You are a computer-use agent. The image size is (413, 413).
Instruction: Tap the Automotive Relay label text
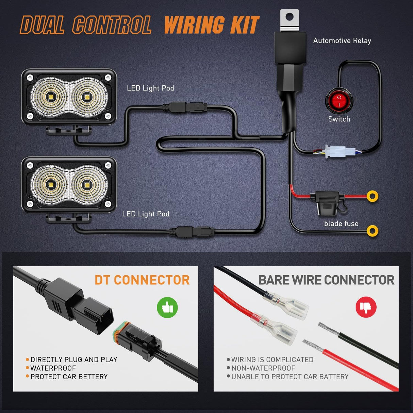(x=342, y=41)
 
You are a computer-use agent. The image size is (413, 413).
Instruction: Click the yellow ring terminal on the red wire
(x=373, y=196)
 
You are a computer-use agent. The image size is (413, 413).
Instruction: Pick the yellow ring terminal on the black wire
(x=373, y=231)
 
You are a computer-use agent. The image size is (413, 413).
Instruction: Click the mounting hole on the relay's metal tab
(x=290, y=16)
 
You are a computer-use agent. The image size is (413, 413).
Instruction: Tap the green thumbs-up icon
(x=167, y=307)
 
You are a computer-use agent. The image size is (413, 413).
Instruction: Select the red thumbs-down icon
(x=366, y=307)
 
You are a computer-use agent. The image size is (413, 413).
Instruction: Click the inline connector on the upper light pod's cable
(x=185, y=108)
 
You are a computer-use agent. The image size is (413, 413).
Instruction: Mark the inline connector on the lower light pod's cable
(x=193, y=232)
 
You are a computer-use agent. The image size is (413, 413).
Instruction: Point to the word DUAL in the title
(x=42, y=26)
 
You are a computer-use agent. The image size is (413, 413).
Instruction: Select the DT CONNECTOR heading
(x=142, y=280)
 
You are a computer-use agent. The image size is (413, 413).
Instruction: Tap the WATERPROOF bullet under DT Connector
(x=53, y=368)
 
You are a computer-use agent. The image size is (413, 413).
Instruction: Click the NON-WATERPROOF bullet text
(x=263, y=368)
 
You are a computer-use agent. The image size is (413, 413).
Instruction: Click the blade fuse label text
(x=341, y=224)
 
